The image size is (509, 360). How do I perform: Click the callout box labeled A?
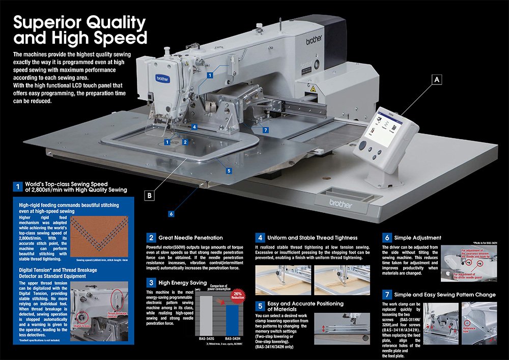(436, 79)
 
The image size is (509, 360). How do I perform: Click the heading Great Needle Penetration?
(191, 237)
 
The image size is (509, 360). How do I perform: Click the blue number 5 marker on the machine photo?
(229, 171)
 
